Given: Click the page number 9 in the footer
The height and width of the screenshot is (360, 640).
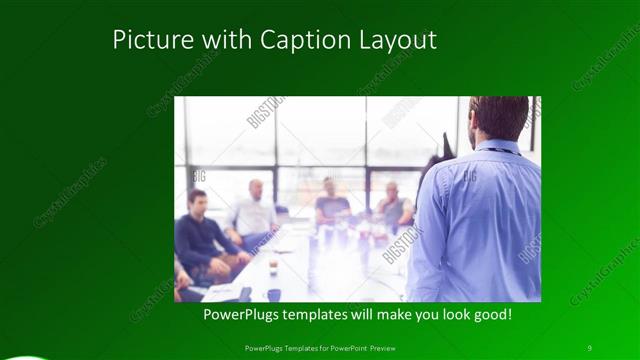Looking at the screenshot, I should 589,347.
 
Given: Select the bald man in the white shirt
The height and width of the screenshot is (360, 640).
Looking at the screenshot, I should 254,214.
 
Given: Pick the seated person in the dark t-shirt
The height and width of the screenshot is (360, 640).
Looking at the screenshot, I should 331,205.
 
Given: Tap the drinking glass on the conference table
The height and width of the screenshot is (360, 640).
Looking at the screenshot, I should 272,266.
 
